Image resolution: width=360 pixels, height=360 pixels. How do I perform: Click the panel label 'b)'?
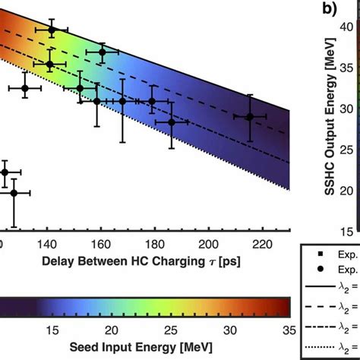328,10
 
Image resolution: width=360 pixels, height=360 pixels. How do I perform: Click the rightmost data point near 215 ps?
249,116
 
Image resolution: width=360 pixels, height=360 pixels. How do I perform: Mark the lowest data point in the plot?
14,193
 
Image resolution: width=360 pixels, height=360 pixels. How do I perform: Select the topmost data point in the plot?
52,30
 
